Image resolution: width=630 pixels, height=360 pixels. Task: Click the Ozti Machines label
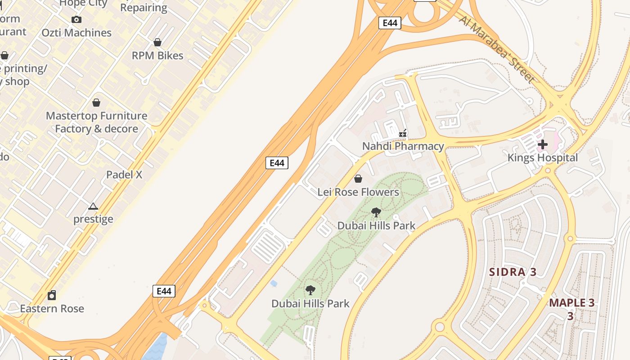click(76, 33)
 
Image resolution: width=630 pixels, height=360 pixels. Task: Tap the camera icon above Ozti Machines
click(76, 19)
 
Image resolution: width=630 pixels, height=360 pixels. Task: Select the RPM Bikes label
click(157, 56)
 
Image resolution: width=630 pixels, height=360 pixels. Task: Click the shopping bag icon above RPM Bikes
click(157, 42)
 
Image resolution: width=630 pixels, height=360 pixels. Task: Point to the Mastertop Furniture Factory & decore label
click(96, 122)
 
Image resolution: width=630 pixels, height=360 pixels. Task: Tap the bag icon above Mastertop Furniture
click(96, 103)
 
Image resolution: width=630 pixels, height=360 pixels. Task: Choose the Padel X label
click(124, 175)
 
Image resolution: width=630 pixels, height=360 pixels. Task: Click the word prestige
click(93, 219)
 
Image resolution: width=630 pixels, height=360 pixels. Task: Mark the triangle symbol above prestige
click(93, 207)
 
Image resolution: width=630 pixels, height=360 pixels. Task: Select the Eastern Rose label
click(52, 309)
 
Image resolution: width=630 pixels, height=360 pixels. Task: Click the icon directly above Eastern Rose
click(52, 296)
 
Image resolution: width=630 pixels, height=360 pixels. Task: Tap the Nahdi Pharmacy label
click(403, 146)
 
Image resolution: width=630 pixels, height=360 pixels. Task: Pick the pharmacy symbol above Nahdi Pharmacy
click(403, 133)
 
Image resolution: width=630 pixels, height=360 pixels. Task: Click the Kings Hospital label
click(543, 158)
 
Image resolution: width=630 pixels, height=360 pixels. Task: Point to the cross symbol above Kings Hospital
click(543, 144)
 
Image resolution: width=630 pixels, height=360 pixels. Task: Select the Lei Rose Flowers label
click(358, 192)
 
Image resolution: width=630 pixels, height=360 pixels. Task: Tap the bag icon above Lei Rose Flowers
click(358, 179)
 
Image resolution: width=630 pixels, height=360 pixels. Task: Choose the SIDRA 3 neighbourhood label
click(513, 272)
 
